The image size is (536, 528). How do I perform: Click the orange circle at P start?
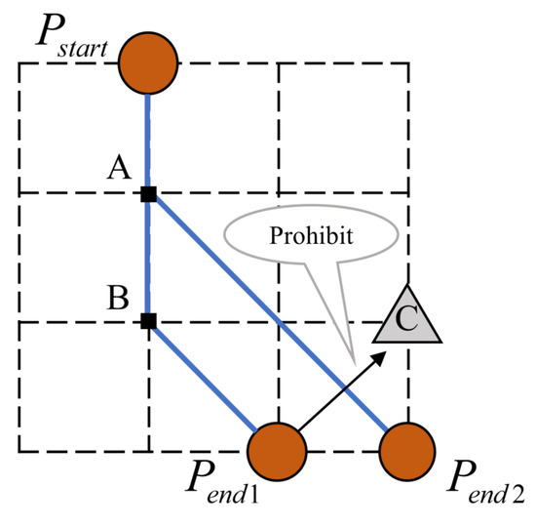pyautogui.click(x=148, y=64)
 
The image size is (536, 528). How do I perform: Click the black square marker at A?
pyautogui.click(x=148, y=193)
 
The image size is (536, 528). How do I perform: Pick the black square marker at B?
pyautogui.click(x=148, y=320)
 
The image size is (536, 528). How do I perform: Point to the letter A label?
pyautogui.click(x=119, y=170)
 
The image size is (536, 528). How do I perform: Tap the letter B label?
pyautogui.click(x=119, y=297)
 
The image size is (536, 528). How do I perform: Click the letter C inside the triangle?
pyautogui.click(x=409, y=319)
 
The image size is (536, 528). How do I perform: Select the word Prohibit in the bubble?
pyautogui.click(x=311, y=235)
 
